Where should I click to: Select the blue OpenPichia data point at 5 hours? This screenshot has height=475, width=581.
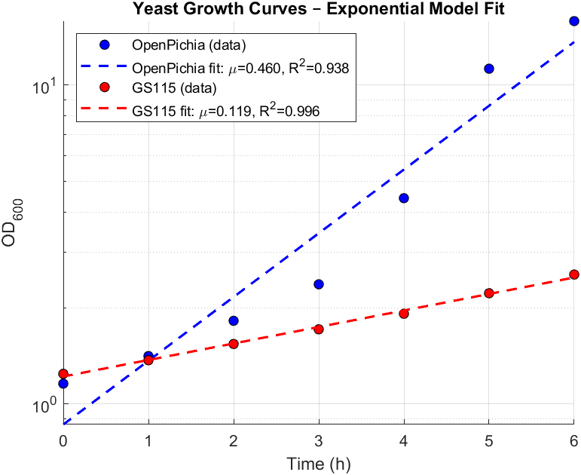point(489,69)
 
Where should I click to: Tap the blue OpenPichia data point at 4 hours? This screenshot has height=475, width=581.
point(404,198)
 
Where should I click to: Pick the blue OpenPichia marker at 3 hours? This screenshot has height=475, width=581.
point(319,284)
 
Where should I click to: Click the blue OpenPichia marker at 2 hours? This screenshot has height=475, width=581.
point(234,320)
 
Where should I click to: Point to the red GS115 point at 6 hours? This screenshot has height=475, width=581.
point(574,274)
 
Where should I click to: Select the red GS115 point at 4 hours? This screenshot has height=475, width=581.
point(404,314)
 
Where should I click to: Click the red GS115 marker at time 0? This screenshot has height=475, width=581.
point(63,374)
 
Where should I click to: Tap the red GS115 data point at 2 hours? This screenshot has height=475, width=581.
point(234,344)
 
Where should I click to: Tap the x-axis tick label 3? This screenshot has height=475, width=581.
point(319,440)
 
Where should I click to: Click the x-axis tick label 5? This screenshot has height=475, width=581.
point(489,440)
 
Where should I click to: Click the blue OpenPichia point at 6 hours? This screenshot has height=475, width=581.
point(574,21)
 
